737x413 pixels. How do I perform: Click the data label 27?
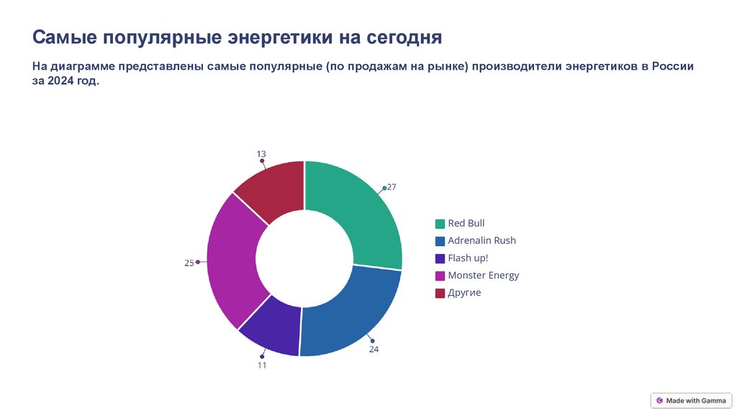(x=392, y=187)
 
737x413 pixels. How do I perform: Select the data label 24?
(x=374, y=349)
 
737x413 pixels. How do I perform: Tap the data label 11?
(x=262, y=365)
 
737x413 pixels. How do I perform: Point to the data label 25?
(x=189, y=263)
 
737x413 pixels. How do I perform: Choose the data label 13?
(x=261, y=154)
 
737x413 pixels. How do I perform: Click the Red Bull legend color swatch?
(x=440, y=224)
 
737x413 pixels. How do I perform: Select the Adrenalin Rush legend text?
(x=481, y=240)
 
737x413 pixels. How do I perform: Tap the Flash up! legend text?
(x=468, y=258)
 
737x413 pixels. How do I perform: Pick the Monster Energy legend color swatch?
(x=440, y=276)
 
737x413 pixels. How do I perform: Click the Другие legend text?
(x=464, y=293)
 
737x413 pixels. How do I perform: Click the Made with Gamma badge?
(x=691, y=401)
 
